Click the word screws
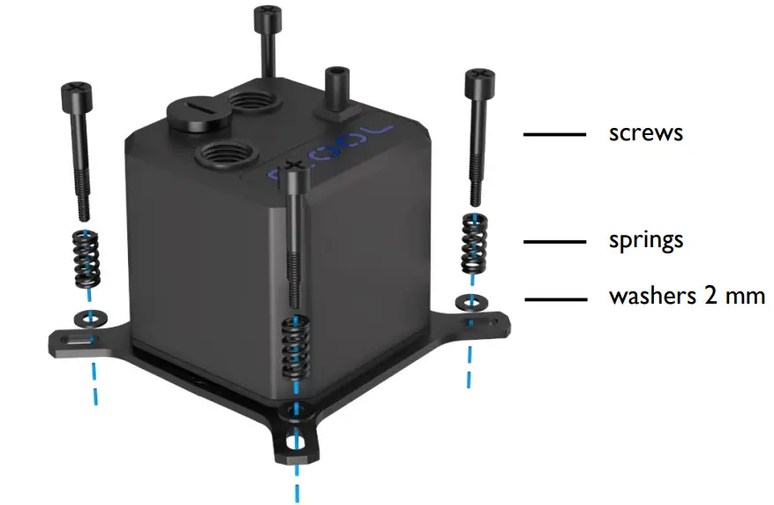(646, 134)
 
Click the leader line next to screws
(554, 134)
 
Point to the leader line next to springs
(554, 241)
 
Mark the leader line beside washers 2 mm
(554, 298)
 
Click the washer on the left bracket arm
(84, 316)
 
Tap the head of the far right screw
(478, 79)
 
